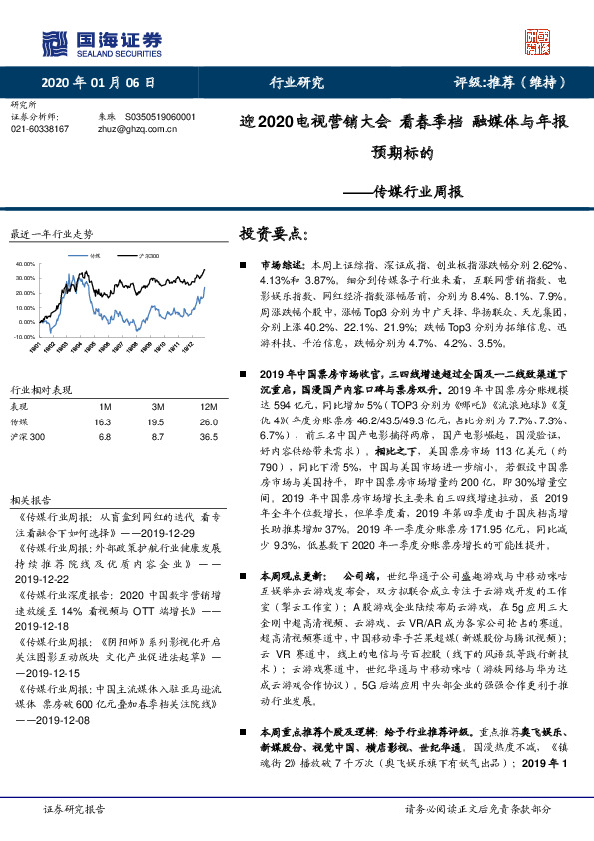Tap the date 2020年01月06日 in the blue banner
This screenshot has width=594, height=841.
[99, 83]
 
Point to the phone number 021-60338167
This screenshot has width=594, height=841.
[39, 129]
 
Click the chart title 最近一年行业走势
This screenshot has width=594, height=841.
[51, 234]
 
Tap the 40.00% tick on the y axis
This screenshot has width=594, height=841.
[27, 263]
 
